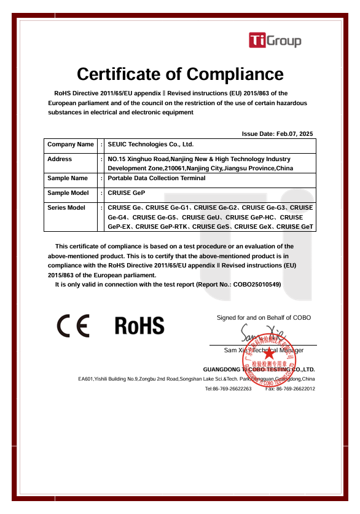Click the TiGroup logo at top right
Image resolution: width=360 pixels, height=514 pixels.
pos(275,41)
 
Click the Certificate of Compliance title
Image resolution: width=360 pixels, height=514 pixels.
pos(180,74)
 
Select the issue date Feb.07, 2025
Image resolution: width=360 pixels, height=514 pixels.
pos(295,133)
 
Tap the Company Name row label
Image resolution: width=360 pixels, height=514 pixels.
pos(71,144)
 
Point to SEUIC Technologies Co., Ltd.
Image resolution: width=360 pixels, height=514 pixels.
pos(151,144)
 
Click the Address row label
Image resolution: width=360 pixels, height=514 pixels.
pos(60,159)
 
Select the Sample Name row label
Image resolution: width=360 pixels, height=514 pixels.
pos(68,178)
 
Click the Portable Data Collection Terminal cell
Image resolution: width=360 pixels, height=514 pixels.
pos(157,178)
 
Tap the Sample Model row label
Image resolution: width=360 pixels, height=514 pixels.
pos(68,193)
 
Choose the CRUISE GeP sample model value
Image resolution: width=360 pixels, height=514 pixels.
pos(127,193)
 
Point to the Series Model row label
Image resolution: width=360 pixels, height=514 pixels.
pos(66,208)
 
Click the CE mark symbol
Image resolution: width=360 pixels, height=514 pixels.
pos(74,325)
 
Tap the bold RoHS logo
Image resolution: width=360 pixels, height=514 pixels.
pos(139,325)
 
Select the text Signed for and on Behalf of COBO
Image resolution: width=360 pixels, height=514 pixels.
pos(264,318)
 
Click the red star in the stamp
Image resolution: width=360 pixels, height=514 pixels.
pos(269,354)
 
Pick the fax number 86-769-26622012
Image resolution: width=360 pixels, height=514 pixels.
pos(295,389)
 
